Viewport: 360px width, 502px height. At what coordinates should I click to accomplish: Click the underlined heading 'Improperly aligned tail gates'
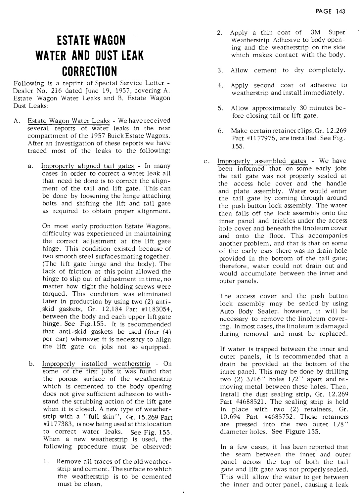[87, 166]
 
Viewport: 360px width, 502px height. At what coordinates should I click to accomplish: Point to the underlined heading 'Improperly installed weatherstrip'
[96, 364]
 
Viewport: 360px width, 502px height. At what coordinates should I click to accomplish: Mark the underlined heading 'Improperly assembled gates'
[262, 161]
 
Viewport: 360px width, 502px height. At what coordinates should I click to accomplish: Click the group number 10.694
[228, 417]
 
